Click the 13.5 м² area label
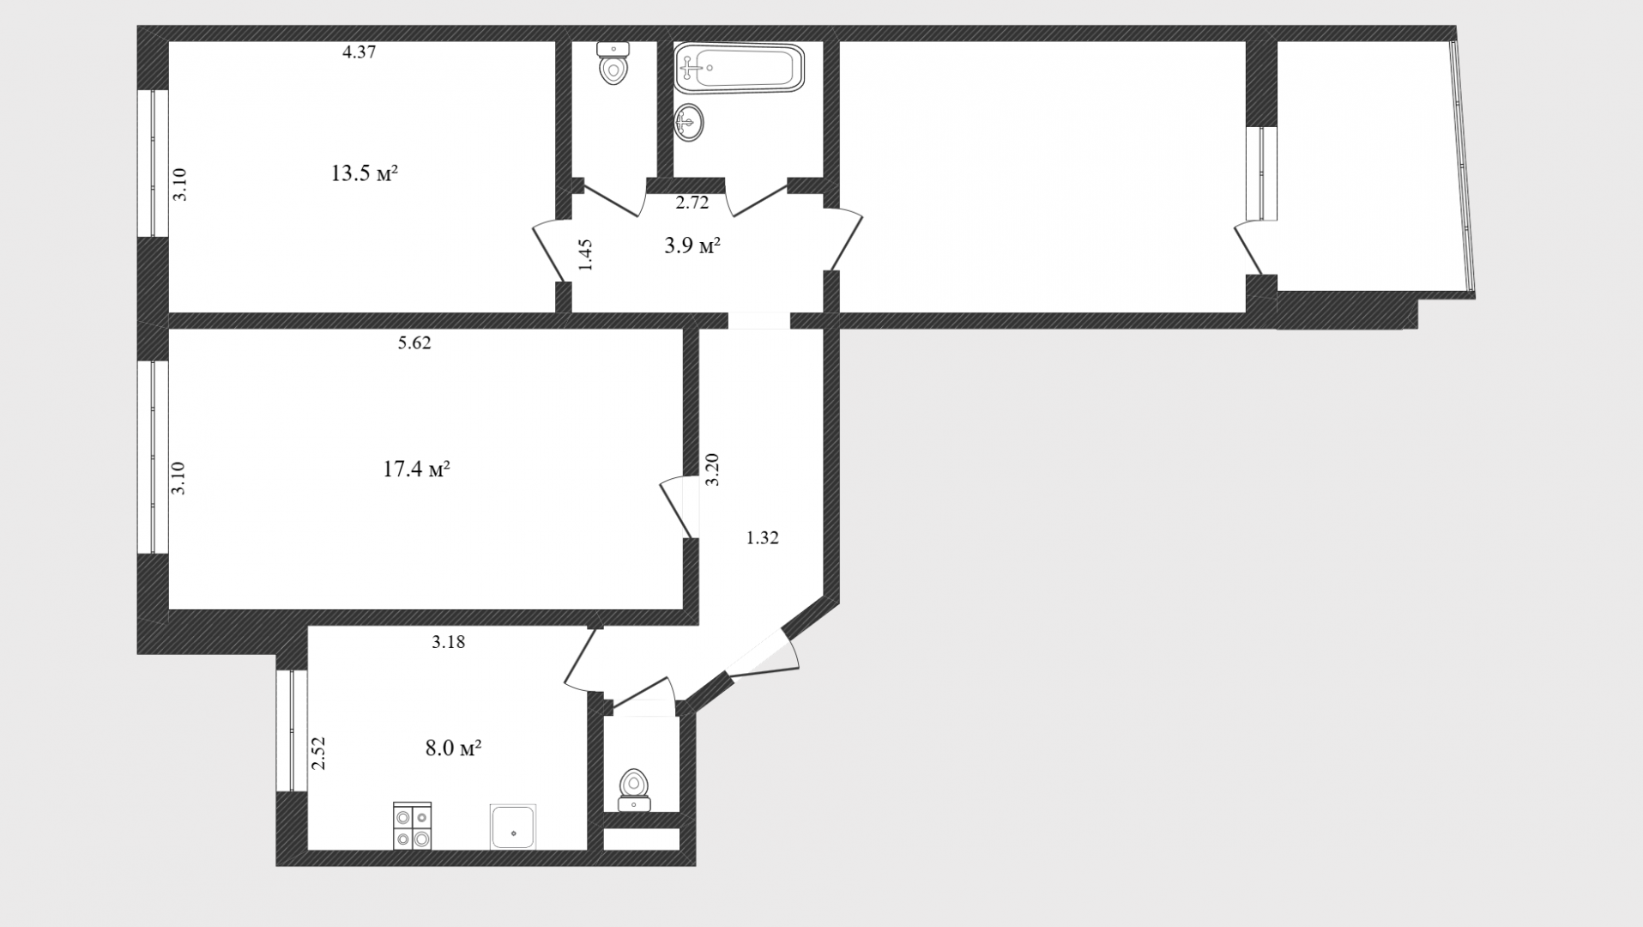[x=365, y=173]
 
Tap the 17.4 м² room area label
[x=417, y=470]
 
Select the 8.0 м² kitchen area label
[x=453, y=748]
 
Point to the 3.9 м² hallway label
[x=692, y=246]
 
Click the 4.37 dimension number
[x=359, y=51]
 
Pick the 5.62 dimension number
[x=414, y=343]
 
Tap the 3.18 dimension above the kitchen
[x=448, y=641]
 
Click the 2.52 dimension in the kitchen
[x=318, y=753]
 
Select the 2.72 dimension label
[x=692, y=203]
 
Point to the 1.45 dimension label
[x=586, y=255]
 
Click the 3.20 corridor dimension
[x=712, y=470]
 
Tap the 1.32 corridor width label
[x=762, y=538]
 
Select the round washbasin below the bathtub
[x=689, y=123]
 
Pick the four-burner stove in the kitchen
[x=413, y=826]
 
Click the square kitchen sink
[x=513, y=827]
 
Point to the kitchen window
[x=292, y=730]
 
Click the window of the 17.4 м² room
[x=153, y=457]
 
